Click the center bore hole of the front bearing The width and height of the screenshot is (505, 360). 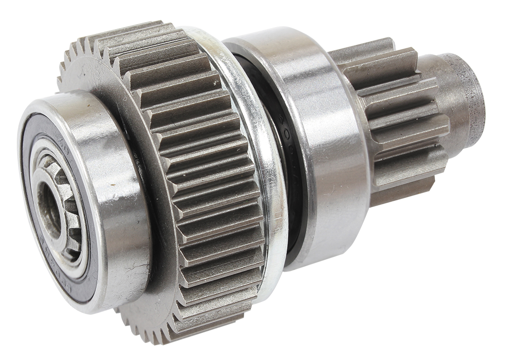point(49,212)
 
